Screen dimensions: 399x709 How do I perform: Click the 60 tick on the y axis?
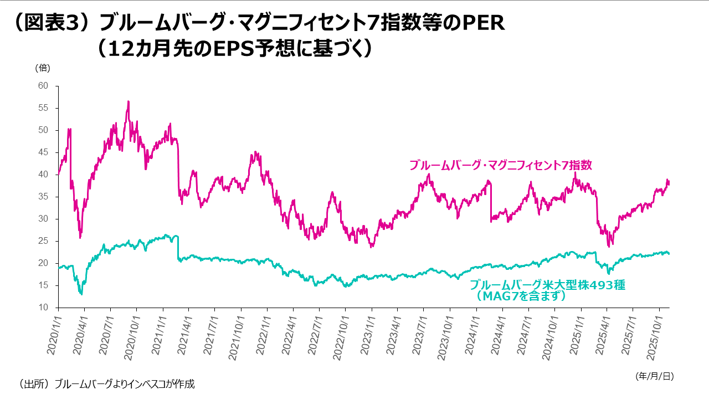coord(43,86)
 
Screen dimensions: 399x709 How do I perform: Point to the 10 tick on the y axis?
coord(43,308)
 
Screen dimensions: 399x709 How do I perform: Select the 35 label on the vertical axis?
coord(43,197)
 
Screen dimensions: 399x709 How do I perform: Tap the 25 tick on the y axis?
coord(43,241)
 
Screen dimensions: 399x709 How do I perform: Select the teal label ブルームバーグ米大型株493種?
coord(547,285)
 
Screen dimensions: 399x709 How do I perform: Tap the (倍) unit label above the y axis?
coord(43,68)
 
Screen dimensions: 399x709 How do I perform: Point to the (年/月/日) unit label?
coord(654,376)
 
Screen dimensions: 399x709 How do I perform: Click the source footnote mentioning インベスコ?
coord(106,383)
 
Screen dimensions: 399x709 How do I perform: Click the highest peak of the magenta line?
coord(129,101)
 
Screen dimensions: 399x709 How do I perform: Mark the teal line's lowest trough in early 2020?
coord(81,294)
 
